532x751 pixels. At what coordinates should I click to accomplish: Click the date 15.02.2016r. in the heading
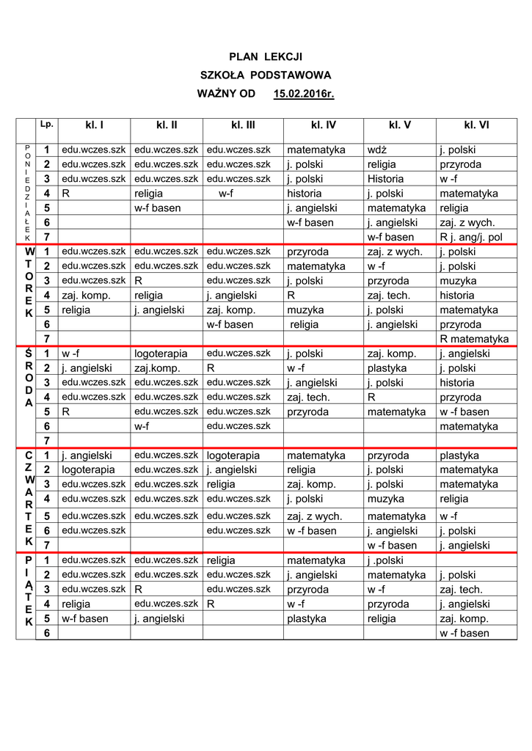point(303,95)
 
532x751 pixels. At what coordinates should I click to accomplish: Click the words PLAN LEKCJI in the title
point(266,56)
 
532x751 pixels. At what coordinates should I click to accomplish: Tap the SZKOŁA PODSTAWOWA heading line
point(266,76)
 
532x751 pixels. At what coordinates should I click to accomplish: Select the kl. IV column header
point(323,125)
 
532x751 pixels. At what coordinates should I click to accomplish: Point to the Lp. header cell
point(47,124)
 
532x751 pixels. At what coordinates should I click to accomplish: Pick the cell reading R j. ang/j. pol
point(471,238)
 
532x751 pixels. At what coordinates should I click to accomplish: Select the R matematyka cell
point(474,339)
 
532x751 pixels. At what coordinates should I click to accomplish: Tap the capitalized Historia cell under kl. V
point(386,179)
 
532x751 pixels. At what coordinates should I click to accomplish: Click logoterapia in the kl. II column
point(161,353)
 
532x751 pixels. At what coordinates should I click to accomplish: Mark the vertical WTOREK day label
point(29,282)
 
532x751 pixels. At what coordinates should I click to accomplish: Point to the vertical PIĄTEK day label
point(29,590)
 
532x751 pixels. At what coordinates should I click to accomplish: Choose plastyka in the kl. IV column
point(307,619)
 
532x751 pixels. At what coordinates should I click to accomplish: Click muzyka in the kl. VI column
point(458,281)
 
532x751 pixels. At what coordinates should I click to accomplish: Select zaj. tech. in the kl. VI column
point(461,590)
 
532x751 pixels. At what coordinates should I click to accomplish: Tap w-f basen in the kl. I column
point(85,619)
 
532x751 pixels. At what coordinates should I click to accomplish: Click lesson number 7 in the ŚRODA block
point(47,441)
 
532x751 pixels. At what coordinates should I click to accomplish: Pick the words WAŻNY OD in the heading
point(226,95)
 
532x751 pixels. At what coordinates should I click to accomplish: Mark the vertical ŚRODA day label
point(29,377)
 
